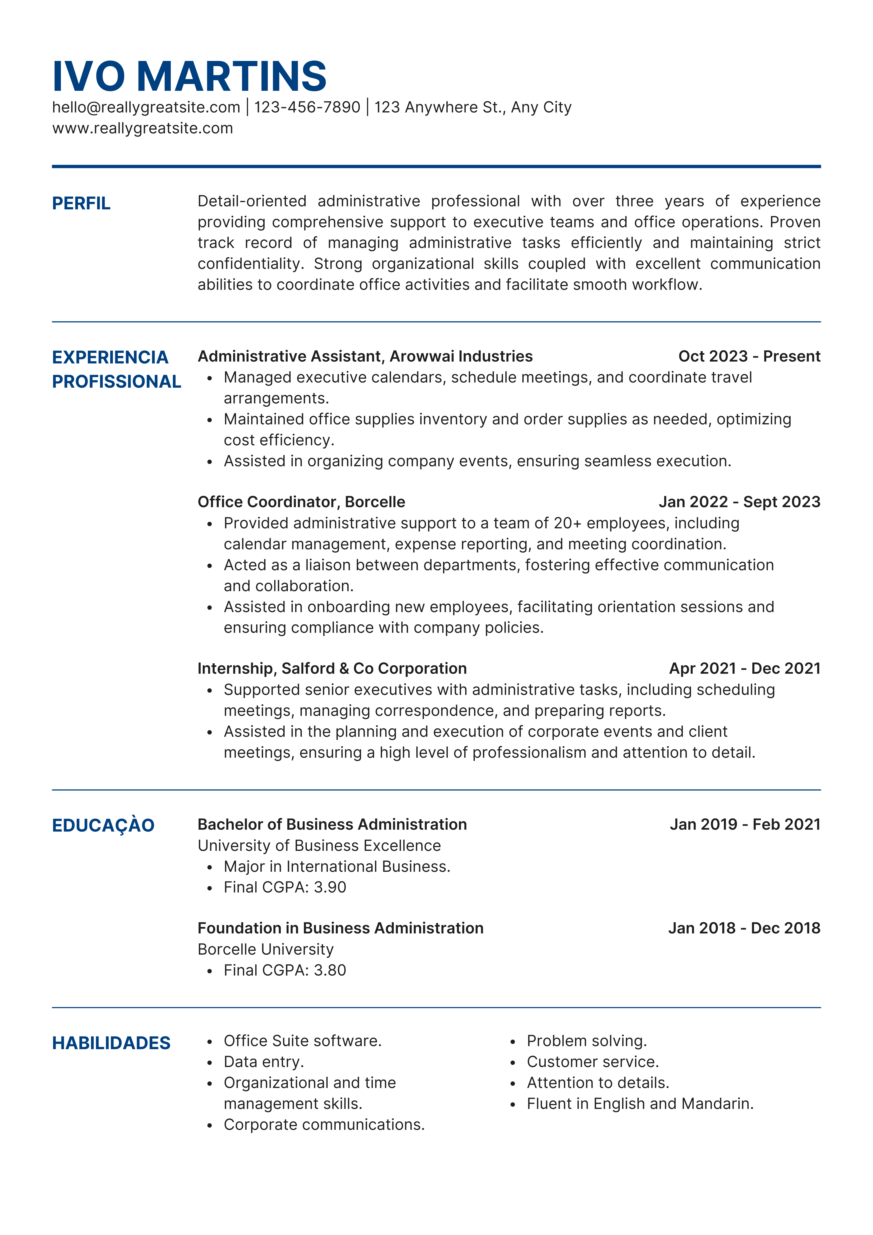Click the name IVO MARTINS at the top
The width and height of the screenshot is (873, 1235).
189,76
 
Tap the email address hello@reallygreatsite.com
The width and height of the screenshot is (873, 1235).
146,108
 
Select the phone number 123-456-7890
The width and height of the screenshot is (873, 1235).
307,108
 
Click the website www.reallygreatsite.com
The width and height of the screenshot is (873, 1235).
143,128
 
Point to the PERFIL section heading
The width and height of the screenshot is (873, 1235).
81,203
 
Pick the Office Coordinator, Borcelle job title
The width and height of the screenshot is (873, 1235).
301,502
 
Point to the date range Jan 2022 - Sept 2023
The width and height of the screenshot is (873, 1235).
739,502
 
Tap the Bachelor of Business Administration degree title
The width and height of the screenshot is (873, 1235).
332,825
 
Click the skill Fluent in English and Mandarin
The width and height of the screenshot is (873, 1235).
640,1104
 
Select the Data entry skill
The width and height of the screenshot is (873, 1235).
264,1062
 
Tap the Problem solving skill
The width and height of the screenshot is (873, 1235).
586,1041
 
